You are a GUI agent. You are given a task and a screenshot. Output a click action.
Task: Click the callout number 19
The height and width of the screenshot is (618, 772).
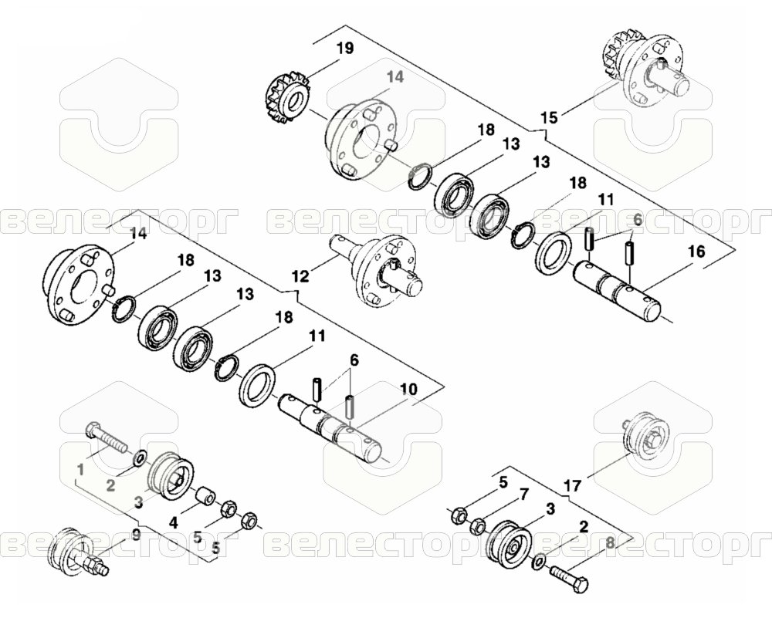point(345,49)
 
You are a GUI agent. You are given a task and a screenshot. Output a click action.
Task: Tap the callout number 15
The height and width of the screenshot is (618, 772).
point(550,117)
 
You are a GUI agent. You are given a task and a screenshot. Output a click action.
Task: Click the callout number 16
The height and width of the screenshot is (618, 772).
point(696,252)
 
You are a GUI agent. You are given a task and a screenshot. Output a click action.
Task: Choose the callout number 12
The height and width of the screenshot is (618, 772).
point(300,276)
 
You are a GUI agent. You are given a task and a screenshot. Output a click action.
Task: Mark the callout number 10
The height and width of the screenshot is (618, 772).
point(408,389)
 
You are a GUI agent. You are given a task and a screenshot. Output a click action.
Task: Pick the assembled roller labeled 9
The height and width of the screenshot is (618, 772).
point(76,553)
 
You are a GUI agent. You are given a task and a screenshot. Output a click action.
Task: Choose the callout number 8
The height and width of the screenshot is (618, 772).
point(610,544)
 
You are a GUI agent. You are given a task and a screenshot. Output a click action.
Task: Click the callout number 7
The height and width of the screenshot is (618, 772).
point(523,492)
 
